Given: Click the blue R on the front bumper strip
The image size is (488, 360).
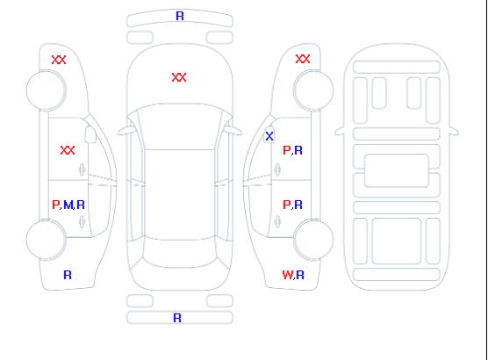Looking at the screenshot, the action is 180,16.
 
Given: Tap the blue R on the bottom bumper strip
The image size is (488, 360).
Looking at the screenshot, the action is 177,318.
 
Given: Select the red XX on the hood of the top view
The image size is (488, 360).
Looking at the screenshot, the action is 179,77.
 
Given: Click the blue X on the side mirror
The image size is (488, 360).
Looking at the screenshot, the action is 269,136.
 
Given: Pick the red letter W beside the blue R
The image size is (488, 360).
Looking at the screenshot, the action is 287,275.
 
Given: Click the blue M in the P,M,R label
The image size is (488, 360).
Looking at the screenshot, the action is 68,205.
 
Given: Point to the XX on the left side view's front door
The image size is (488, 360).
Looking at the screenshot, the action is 68,150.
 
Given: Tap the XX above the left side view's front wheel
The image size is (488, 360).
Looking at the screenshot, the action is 59,60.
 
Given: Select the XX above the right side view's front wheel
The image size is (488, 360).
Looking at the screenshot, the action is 303,59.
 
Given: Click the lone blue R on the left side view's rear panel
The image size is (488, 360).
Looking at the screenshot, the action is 68,275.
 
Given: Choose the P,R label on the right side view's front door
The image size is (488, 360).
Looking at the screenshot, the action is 292,150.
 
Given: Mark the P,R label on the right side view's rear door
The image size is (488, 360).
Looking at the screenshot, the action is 292,205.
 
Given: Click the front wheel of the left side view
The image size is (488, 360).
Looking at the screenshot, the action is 46,90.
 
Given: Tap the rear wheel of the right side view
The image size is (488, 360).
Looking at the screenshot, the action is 313,239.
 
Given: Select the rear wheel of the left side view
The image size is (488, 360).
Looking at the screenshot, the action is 46,239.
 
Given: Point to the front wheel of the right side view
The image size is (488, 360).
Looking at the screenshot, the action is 313,90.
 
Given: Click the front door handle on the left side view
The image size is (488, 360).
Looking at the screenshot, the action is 82,169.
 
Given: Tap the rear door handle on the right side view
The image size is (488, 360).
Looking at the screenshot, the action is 277,222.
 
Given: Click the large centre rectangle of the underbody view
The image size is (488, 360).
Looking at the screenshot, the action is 397,170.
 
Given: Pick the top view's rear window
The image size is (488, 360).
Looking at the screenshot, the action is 180,253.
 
